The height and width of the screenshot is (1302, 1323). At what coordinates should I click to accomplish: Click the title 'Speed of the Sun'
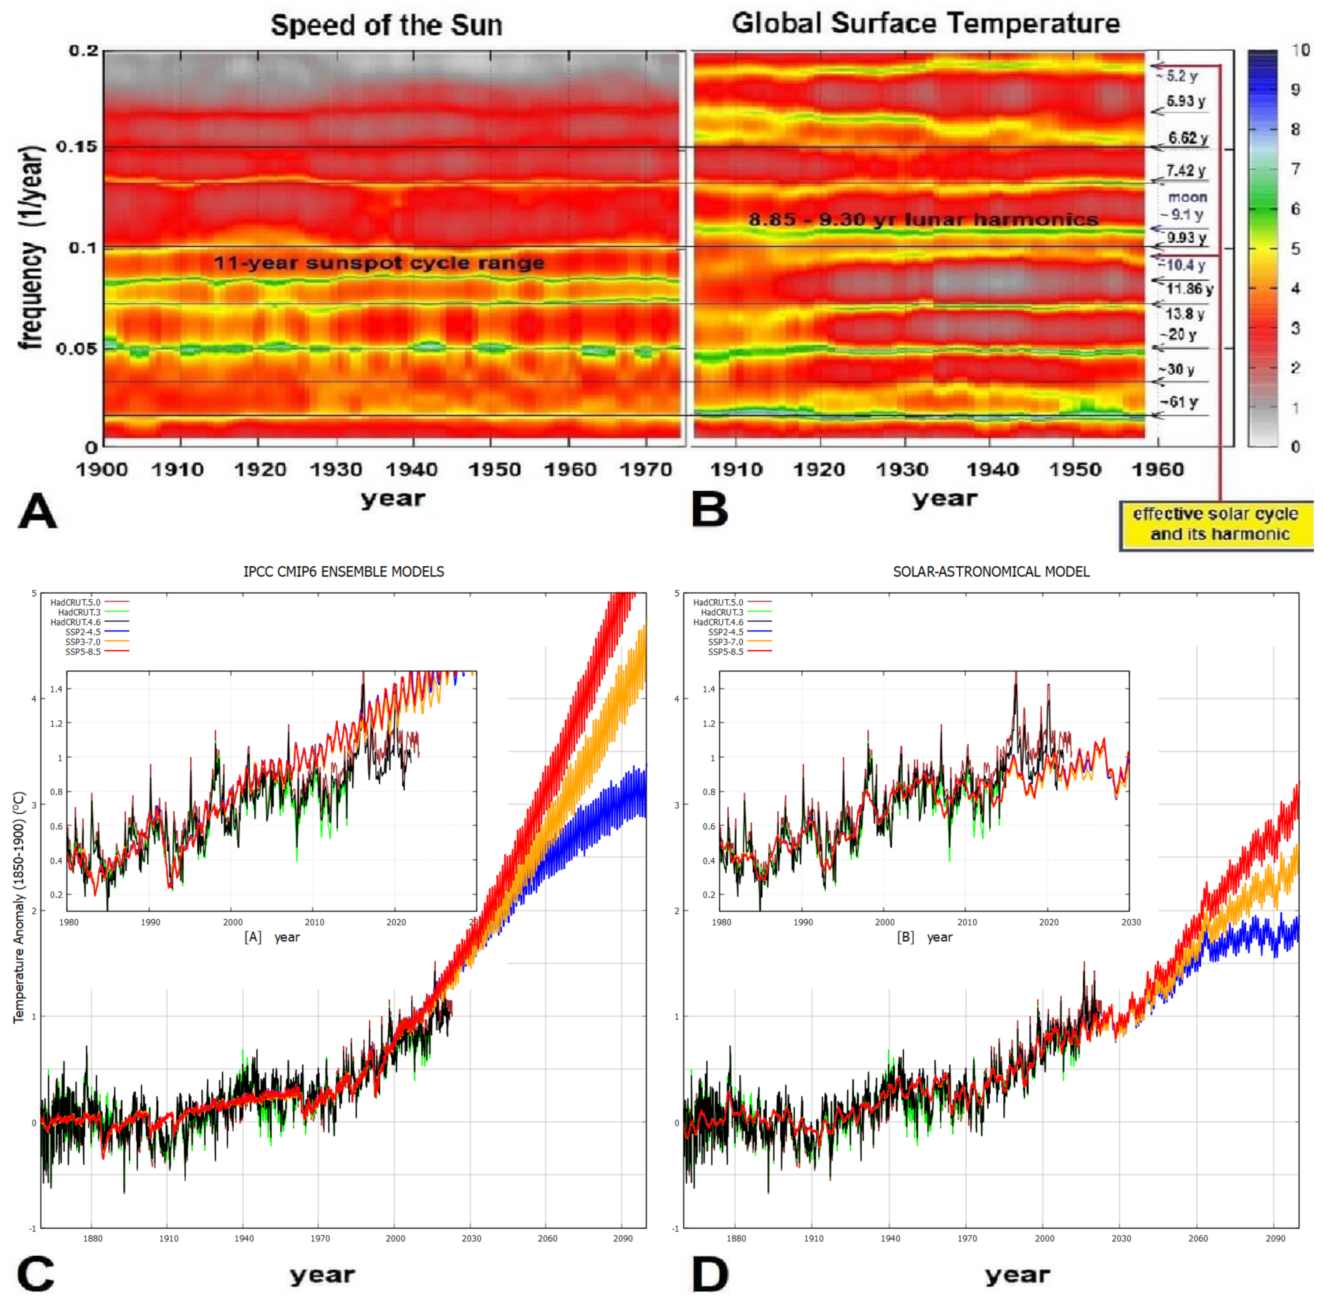pyautogui.click(x=386, y=25)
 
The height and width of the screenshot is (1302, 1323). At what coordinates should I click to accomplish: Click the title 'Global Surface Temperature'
pyautogui.click(x=925, y=23)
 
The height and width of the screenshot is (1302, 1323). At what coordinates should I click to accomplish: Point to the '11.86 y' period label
pyautogui.click(x=1189, y=288)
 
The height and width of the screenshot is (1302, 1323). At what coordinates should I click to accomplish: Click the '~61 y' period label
pyautogui.click(x=1179, y=402)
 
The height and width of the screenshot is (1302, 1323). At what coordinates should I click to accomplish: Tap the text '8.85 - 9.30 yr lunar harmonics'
pyautogui.click(x=923, y=220)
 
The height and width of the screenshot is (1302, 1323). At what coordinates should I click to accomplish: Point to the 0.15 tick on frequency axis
pyautogui.click(x=77, y=147)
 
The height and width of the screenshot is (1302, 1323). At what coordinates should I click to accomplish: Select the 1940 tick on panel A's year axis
pyautogui.click(x=411, y=470)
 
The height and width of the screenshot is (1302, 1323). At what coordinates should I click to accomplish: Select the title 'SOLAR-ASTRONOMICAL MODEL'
pyautogui.click(x=991, y=571)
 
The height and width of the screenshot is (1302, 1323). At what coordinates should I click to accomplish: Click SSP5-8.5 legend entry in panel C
pyautogui.click(x=83, y=652)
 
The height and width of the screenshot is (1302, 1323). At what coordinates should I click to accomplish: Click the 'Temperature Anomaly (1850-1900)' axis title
pyautogui.click(x=19, y=907)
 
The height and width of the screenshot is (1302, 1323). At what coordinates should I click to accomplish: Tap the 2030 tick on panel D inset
pyautogui.click(x=1131, y=922)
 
